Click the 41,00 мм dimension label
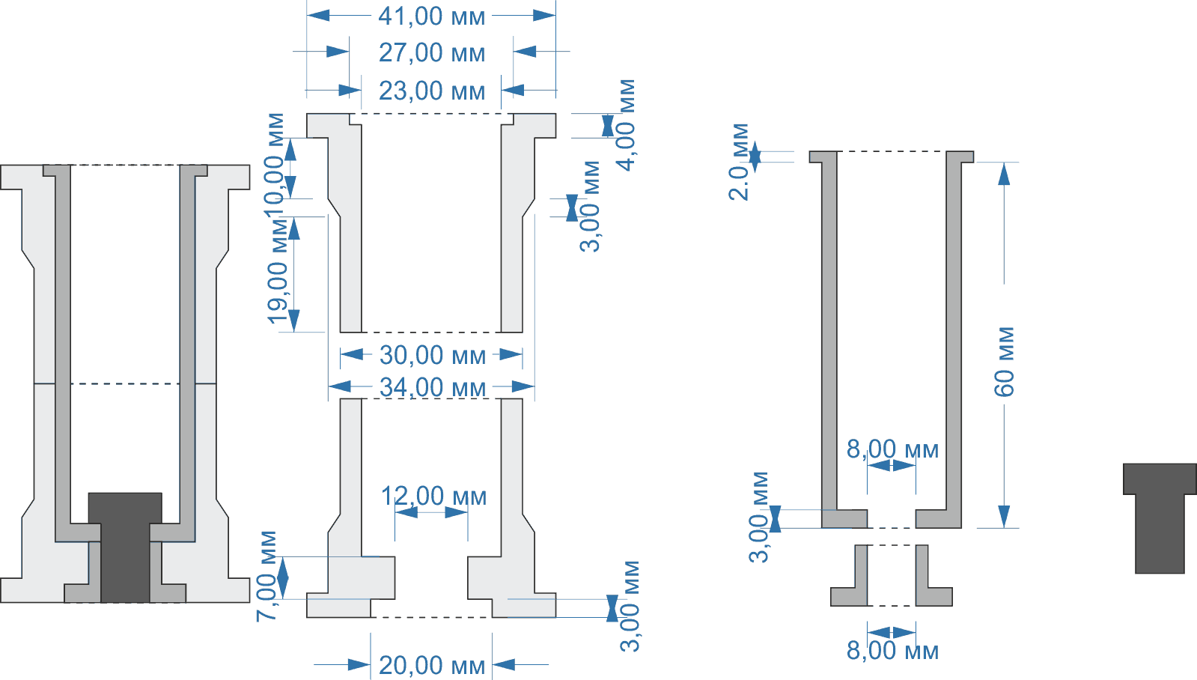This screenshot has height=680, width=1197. point(431,16)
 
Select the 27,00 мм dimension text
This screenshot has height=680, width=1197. point(431,52)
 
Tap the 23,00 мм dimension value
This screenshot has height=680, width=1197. point(431,91)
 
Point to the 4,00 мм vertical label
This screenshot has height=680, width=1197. point(626,124)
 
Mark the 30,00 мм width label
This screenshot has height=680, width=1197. point(432,355)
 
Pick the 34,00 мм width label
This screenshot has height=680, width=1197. point(432,387)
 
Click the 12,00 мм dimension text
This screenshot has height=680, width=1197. point(433,496)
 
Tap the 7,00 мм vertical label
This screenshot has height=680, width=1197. point(267,576)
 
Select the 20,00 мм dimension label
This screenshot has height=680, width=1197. point(431,665)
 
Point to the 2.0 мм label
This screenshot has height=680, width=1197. point(740,162)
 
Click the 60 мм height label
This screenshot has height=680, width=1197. point(1005,361)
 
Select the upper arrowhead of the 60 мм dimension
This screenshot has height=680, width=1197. point(1004,173)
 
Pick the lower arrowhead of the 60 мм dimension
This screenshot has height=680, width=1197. point(1004,517)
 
